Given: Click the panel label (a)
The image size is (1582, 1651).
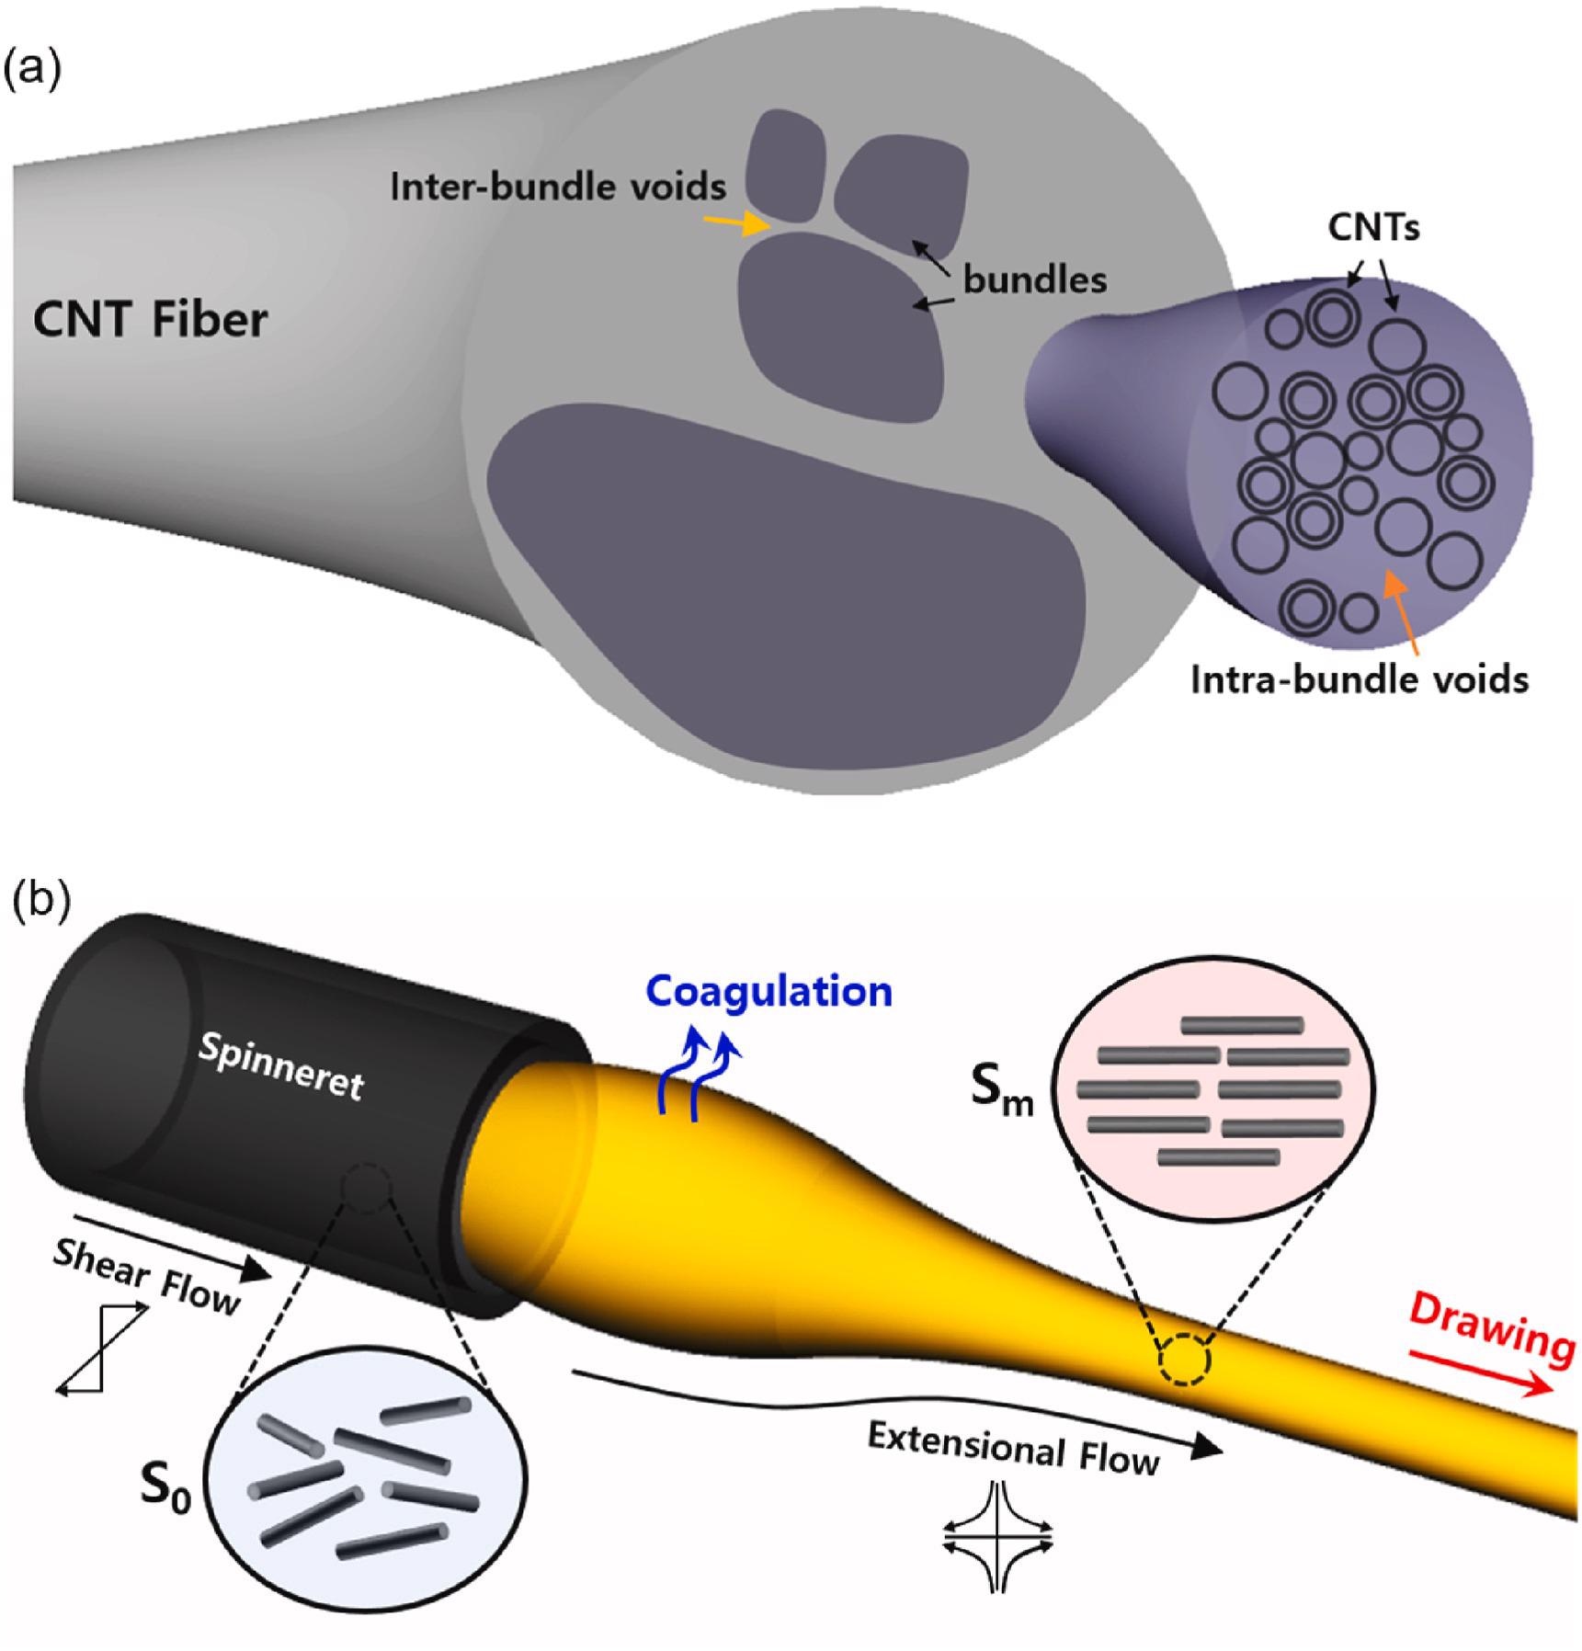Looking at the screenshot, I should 34,69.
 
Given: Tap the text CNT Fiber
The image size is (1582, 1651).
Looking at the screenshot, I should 150,320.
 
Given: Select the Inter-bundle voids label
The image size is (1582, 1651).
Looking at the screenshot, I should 558,187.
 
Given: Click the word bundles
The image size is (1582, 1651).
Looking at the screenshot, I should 1034,279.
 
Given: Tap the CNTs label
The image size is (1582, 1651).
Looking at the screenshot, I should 1373,226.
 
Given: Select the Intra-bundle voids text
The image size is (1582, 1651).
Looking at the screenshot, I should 1359,680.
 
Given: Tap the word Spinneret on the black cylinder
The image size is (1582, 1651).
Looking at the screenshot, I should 281,1065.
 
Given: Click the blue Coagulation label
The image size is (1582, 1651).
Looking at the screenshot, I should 768,991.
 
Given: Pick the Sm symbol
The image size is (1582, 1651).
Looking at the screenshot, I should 1002,1092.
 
